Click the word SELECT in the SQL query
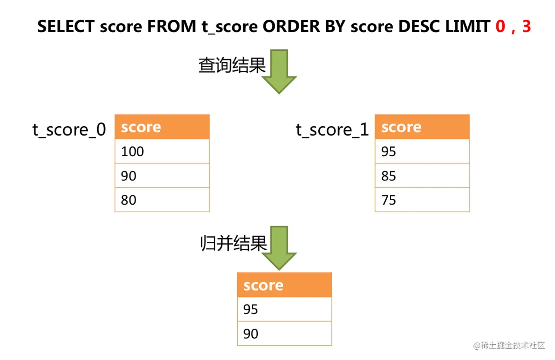66,26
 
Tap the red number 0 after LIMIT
500,26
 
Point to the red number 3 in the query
526,26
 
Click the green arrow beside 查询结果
279,71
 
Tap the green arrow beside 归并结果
279,248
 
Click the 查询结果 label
232,65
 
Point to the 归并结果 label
233,243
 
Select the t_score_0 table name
69,130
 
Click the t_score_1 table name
332,130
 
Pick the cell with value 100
162,151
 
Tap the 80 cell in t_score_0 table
162,200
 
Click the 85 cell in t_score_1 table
422,176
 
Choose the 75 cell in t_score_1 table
422,200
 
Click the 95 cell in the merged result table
285,309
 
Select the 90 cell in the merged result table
285,334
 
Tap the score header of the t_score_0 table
162,127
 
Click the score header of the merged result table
285,285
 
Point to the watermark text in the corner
509,345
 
